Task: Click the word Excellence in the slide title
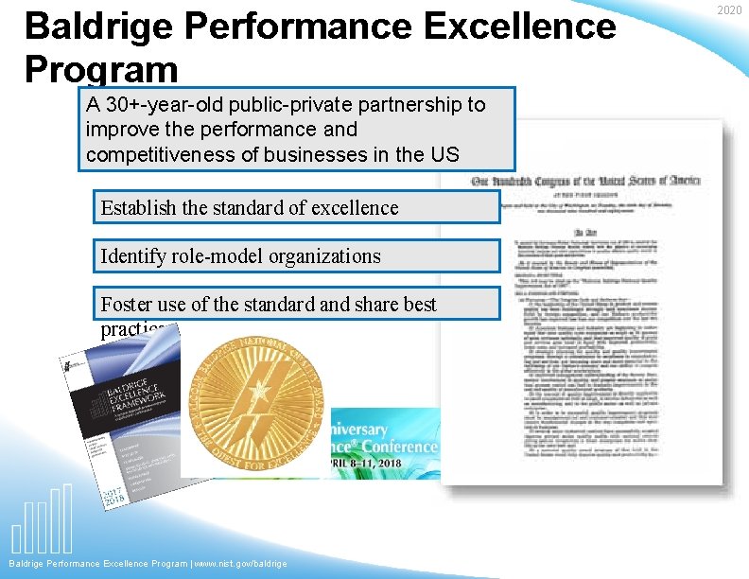[520, 26]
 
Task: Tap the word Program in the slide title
[101, 69]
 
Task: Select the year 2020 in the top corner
[729, 10]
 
